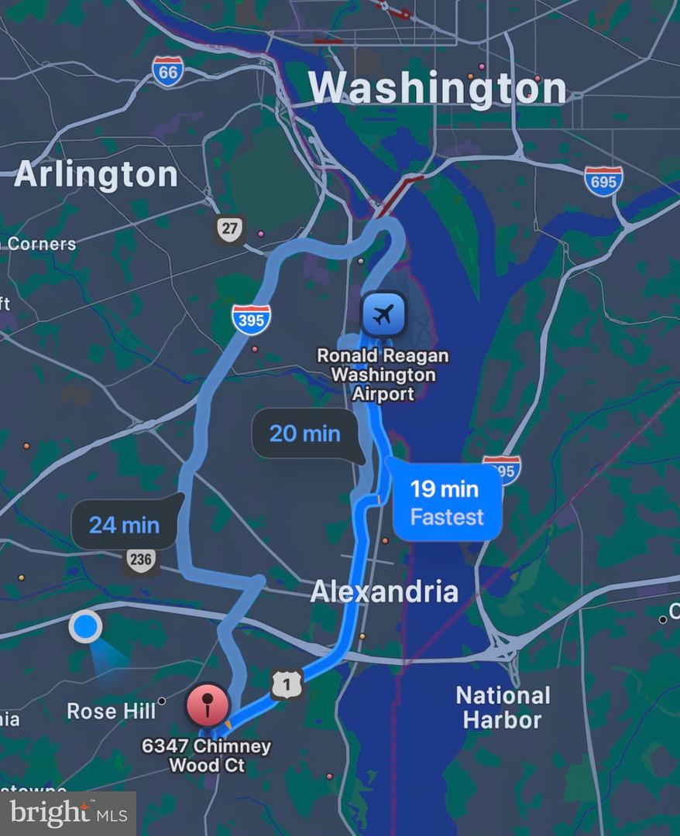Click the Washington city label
coord(438,87)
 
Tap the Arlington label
coord(96,174)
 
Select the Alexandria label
coord(384,592)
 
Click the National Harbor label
coord(503,708)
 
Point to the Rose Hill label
coord(112,711)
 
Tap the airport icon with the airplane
coord(383,314)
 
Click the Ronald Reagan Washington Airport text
coord(383,375)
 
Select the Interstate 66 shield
coord(168,71)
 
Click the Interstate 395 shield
coord(251,319)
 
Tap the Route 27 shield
coord(229,230)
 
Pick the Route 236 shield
coord(141,560)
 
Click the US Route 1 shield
coord(287,684)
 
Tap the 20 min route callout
coord(305,433)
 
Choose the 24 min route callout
coord(124,525)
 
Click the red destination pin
coord(207,705)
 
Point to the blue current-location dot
coord(85,626)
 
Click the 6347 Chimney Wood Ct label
coord(206,755)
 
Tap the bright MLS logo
coord(68,813)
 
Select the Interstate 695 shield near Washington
coord(603,181)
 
